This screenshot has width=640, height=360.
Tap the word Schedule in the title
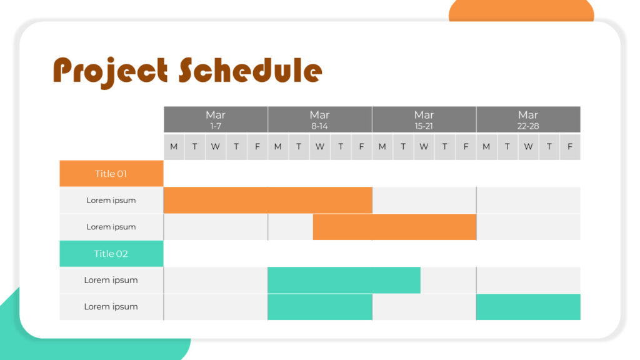(250, 70)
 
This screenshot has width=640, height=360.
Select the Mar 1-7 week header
(216, 119)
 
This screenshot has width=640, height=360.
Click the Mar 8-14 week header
(319, 119)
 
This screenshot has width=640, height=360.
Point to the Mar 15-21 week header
(424, 119)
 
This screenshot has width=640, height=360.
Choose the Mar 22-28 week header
(528, 119)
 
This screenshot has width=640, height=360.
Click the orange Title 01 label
(111, 174)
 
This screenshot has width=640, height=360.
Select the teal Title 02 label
(111, 254)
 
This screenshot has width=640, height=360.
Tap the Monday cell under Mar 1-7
(174, 147)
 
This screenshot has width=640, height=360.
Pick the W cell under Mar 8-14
(319, 147)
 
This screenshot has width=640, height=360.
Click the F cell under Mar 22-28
(570, 147)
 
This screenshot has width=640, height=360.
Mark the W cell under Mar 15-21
(424, 147)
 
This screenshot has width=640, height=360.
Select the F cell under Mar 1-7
(257, 147)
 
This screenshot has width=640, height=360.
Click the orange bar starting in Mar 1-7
(267, 200)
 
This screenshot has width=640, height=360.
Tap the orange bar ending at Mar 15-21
(394, 227)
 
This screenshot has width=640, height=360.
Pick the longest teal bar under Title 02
(344, 280)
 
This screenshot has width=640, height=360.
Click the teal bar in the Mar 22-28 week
(528, 307)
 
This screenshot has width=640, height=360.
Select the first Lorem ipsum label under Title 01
(111, 201)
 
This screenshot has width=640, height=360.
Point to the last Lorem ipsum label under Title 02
(111, 307)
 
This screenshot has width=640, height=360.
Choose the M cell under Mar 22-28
(486, 147)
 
